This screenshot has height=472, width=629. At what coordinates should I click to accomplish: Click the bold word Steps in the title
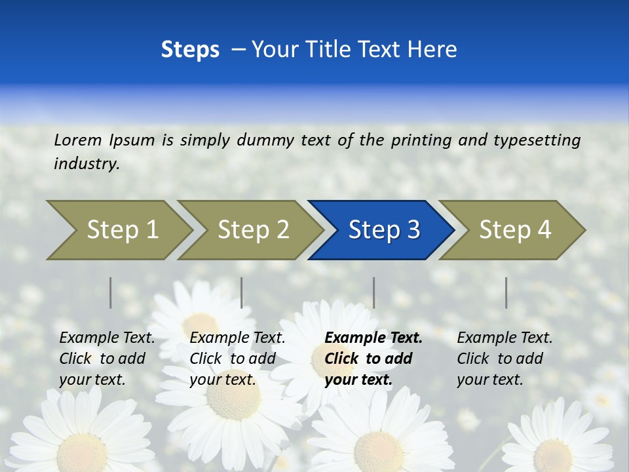(x=190, y=50)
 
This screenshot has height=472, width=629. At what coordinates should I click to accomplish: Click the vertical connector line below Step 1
(x=111, y=292)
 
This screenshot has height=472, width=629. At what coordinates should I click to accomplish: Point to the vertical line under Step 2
(x=242, y=292)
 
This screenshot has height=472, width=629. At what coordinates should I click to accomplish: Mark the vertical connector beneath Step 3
(x=374, y=292)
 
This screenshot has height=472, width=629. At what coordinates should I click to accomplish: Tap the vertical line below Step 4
(x=506, y=292)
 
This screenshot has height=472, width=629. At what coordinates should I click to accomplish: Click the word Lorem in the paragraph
(x=78, y=140)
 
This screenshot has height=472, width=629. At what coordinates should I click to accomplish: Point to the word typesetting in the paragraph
(x=537, y=140)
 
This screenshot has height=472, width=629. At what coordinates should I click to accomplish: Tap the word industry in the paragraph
(x=86, y=164)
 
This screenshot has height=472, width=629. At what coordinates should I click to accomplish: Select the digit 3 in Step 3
(x=413, y=230)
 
